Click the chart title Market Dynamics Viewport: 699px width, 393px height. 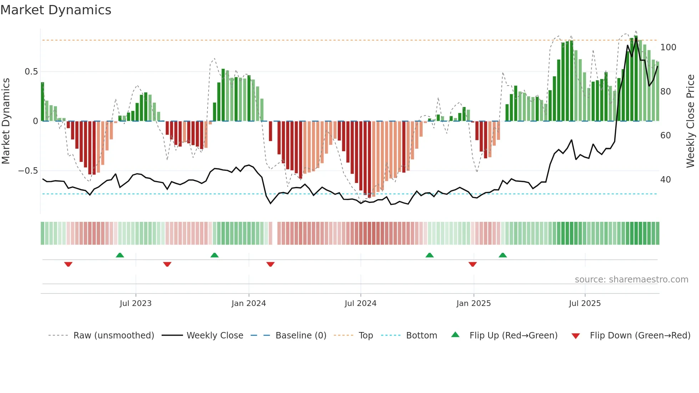pyautogui.click(x=56, y=10)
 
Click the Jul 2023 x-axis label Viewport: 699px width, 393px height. pyautogui.click(x=136, y=303)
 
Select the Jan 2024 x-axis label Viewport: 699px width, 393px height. pyautogui.click(x=249, y=303)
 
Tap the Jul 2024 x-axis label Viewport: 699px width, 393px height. pyautogui.click(x=360, y=303)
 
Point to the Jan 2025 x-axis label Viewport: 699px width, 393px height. pyautogui.click(x=473, y=303)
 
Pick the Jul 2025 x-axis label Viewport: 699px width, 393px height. pyautogui.click(x=585, y=303)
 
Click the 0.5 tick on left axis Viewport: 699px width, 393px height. pyautogui.click(x=31, y=72)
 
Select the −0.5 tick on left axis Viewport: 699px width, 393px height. pyautogui.click(x=28, y=171)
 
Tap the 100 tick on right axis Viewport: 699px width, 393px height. pyautogui.click(x=668, y=47)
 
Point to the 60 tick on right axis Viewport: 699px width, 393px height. pyautogui.click(x=665, y=136)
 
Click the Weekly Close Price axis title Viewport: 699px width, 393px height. pyautogui.click(x=690, y=121)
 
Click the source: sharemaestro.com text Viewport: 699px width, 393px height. pyautogui.click(x=631, y=280)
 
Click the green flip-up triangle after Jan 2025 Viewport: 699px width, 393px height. pyautogui.click(x=502, y=255)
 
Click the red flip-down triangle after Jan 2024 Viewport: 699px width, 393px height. pyautogui.click(x=270, y=264)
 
